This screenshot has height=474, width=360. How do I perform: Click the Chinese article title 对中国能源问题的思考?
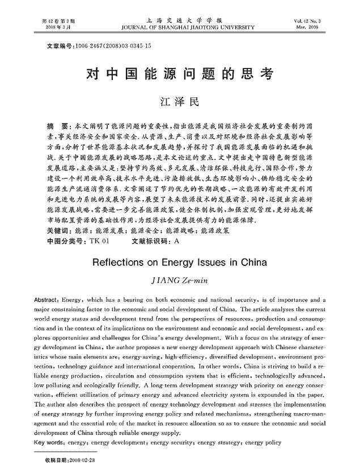[179, 74]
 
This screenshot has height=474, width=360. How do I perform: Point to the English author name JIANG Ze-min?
[179, 280]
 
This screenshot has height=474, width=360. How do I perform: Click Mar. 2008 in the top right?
[328, 27]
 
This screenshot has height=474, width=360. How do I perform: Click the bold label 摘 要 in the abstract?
[57, 124]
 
